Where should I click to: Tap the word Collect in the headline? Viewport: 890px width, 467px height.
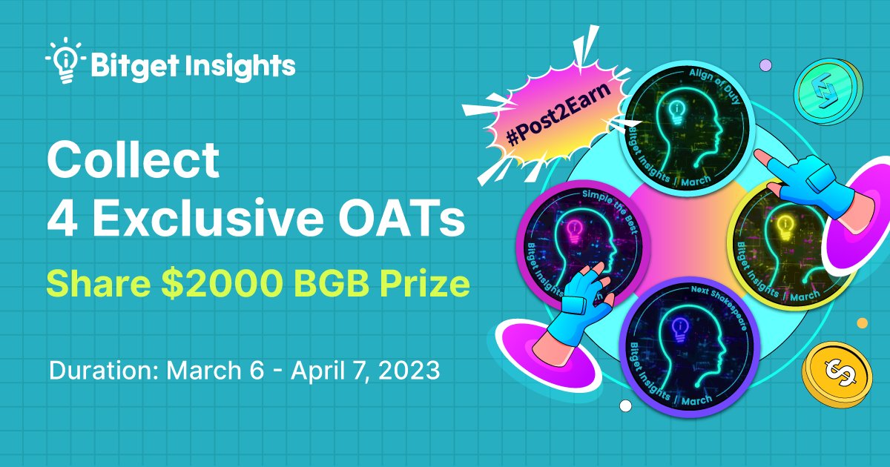[x=133, y=159]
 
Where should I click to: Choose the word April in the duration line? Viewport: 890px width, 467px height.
[x=323, y=370]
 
